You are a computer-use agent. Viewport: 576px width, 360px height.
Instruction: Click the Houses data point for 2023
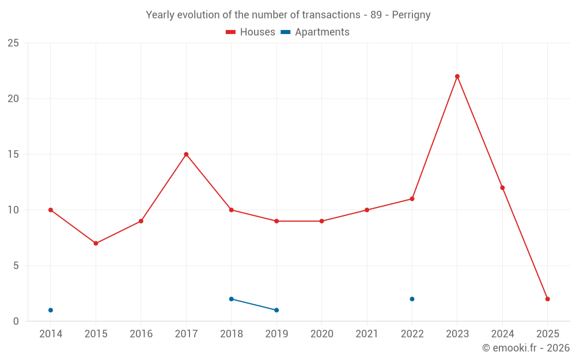click(457, 76)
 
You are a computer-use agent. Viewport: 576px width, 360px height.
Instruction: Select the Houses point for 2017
click(186, 154)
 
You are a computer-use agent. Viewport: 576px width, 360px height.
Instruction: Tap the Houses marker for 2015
click(96, 243)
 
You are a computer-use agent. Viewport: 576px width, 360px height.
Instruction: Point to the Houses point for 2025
click(548, 299)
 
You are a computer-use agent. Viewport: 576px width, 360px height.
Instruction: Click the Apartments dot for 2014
click(51, 310)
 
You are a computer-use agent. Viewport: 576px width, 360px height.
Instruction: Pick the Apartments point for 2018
click(231, 299)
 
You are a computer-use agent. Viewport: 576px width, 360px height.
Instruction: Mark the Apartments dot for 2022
click(412, 299)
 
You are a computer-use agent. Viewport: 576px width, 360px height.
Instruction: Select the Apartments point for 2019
click(276, 310)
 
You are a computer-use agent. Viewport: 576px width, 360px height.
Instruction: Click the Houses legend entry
click(251, 32)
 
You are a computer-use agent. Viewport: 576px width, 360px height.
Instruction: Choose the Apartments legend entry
click(315, 32)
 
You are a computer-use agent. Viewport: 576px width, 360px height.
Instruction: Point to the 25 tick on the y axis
click(13, 43)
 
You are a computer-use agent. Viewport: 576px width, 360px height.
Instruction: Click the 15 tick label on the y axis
click(13, 154)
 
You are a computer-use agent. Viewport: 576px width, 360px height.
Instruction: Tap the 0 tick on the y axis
click(16, 321)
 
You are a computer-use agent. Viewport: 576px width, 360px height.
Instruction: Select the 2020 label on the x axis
click(321, 334)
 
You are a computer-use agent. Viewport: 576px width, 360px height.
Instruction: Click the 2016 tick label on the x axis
click(141, 334)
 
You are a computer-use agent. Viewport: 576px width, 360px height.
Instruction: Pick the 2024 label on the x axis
click(502, 334)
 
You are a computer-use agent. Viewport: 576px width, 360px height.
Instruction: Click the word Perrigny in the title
click(411, 15)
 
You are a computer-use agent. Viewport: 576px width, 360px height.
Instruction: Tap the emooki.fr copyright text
click(525, 348)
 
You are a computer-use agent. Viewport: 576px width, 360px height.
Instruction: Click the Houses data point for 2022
click(412, 199)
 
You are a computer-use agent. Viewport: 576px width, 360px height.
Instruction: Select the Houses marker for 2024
click(502, 188)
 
